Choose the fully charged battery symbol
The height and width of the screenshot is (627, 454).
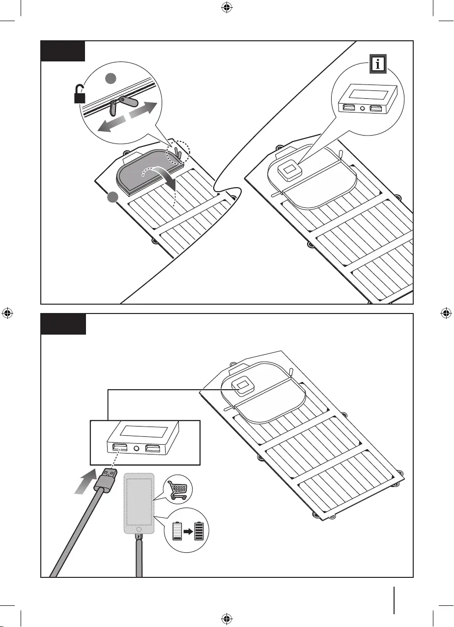pos(199,532)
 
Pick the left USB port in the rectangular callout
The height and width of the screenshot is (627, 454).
pos(119,448)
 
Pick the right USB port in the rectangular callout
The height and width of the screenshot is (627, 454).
pos(152,448)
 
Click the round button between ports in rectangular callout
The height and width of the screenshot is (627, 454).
pos(136,448)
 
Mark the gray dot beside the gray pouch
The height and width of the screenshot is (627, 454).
pos(113,198)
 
